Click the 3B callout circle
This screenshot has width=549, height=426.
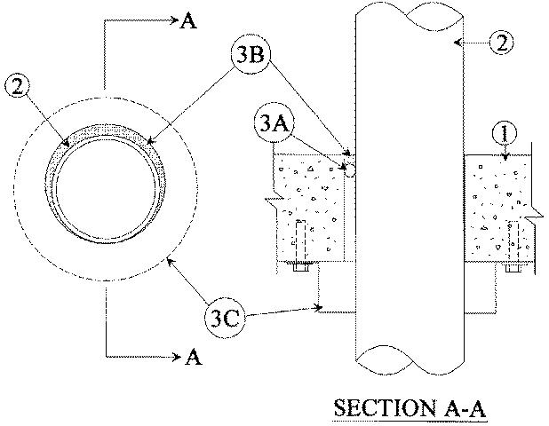[x=251, y=54]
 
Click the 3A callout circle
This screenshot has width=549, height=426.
[x=274, y=123]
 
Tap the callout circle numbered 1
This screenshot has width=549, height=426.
[x=505, y=134]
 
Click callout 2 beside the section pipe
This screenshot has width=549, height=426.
[x=501, y=43]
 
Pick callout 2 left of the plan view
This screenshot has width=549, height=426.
[x=18, y=86]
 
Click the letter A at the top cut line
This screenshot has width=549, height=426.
[x=188, y=21]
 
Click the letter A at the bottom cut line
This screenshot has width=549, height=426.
[x=194, y=358]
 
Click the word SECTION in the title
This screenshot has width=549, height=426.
[x=383, y=408]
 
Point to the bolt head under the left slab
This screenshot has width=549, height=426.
[x=301, y=267]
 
